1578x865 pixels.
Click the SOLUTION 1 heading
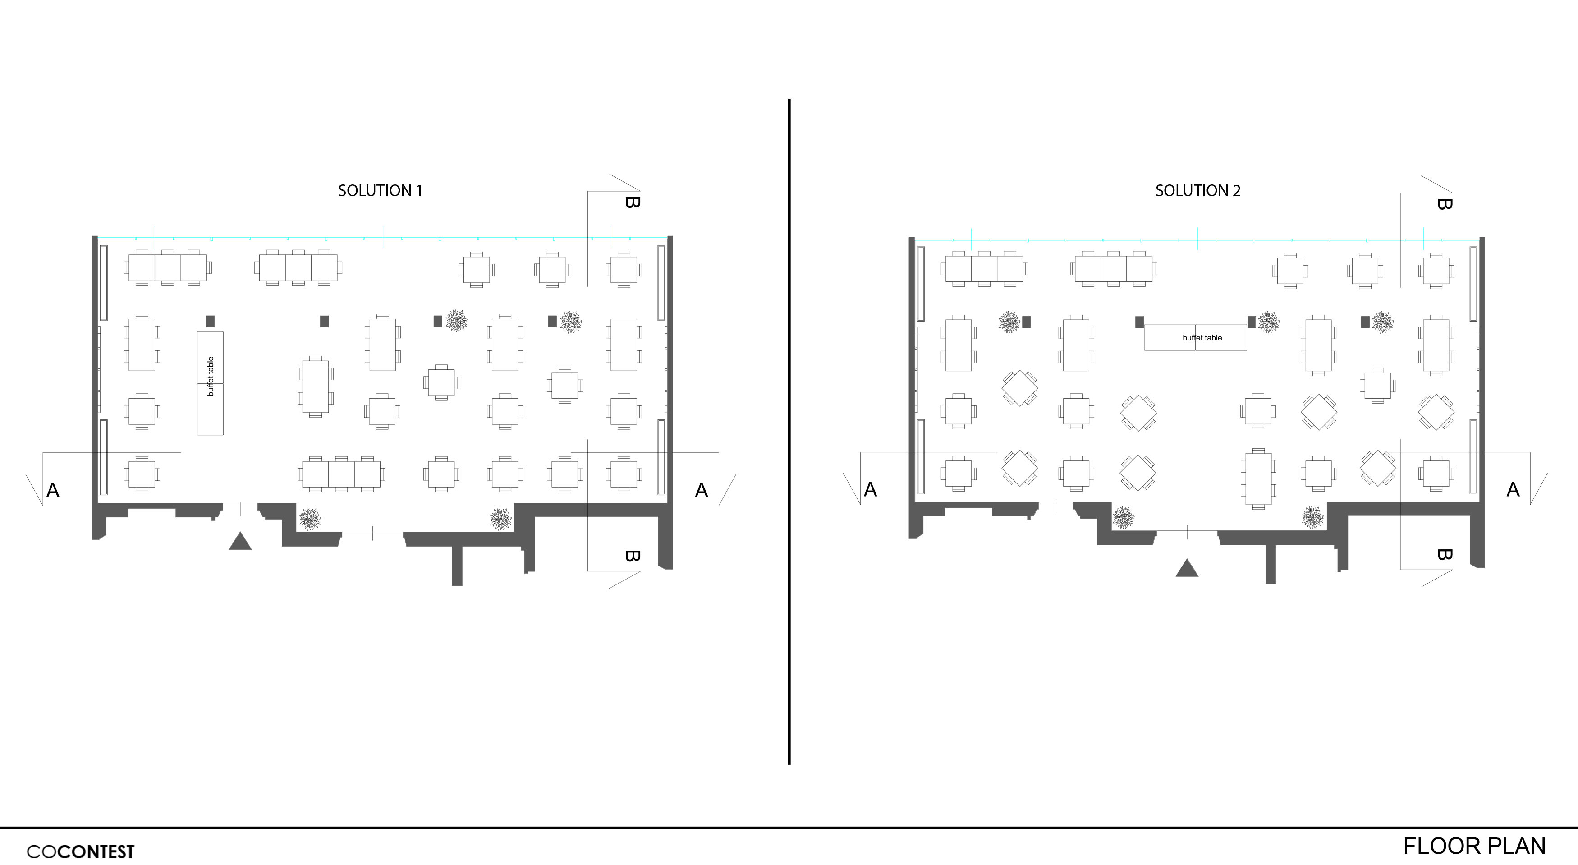(x=380, y=190)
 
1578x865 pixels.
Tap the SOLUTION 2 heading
(x=1197, y=190)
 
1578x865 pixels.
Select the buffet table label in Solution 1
(x=211, y=376)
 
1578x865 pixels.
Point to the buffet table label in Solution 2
(x=1202, y=337)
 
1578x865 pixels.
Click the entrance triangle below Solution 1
(x=240, y=542)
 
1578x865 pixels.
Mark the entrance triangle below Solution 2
(x=1187, y=569)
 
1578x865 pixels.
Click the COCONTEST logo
(x=80, y=851)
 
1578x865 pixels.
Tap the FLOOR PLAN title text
(x=1474, y=846)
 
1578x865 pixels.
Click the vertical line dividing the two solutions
(x=789, y=429)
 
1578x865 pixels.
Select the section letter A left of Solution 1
(x=53, y=490)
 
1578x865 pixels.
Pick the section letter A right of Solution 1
(x=702, y=490)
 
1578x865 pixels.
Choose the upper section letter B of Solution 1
(x=632, y=202)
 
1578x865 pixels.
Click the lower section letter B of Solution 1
(x=632, y=556)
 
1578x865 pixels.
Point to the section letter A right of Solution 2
(x=1513, y=489)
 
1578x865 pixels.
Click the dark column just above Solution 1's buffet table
(x=210, y=321)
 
